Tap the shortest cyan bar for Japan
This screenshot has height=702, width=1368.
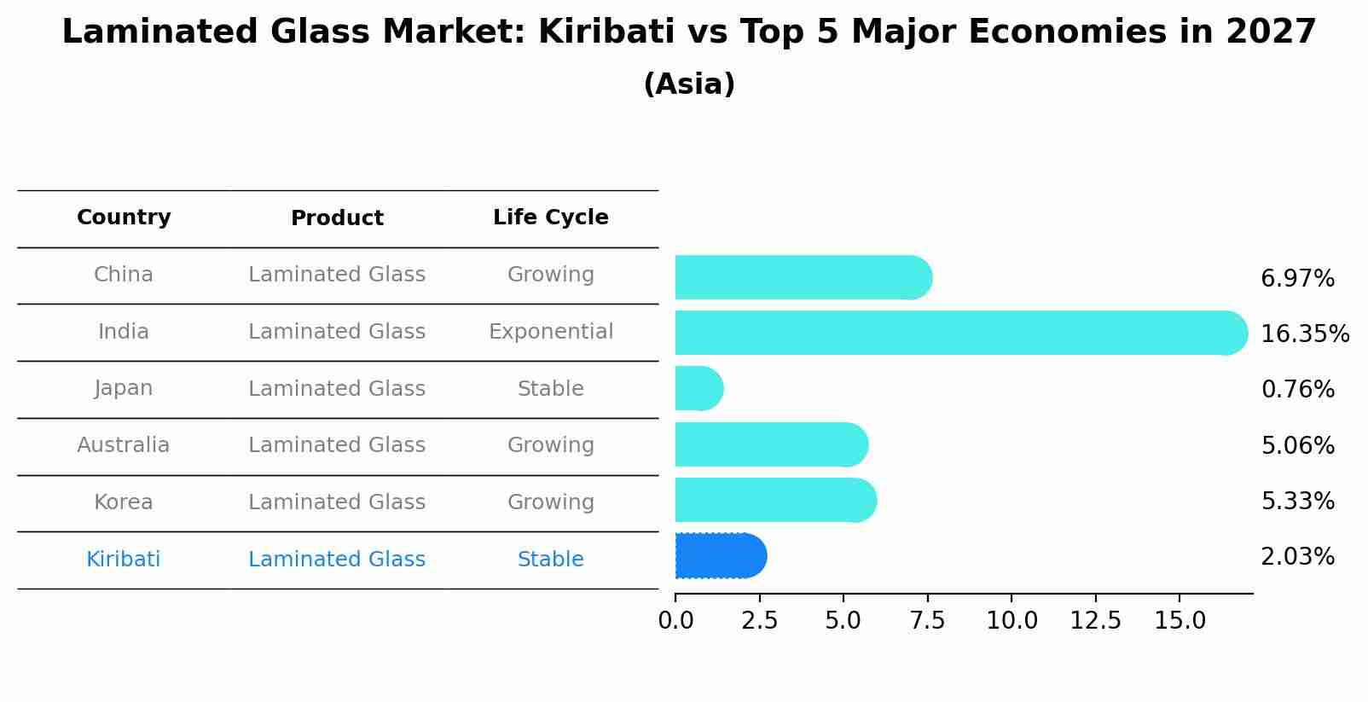[x=698, y=389]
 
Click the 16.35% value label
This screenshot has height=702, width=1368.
[x=1304, y=334]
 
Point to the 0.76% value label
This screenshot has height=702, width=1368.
[x=1297, y=390]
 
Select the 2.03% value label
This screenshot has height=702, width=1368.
[x=1297, y=557]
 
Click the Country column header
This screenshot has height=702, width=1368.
[x=124, y=218]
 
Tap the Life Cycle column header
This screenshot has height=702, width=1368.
[x=550, y=218]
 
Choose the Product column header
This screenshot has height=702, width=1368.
[x=337, y=218]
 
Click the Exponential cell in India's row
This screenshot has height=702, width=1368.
[x=550, y=332]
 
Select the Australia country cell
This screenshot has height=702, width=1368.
[x=124, y=445]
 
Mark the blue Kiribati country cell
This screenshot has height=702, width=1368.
[x=124, y=560]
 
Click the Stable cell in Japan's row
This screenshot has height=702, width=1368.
[x=550, y=389]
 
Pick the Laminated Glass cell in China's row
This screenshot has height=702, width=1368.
[x=337, y=275]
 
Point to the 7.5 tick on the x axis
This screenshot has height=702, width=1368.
[x=927, y=621]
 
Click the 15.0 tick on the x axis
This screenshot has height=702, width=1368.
[x=1180, y=621]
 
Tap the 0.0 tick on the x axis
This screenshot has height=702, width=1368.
[x=675, y=621]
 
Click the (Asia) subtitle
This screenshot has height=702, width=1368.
[x=689, y=84]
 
